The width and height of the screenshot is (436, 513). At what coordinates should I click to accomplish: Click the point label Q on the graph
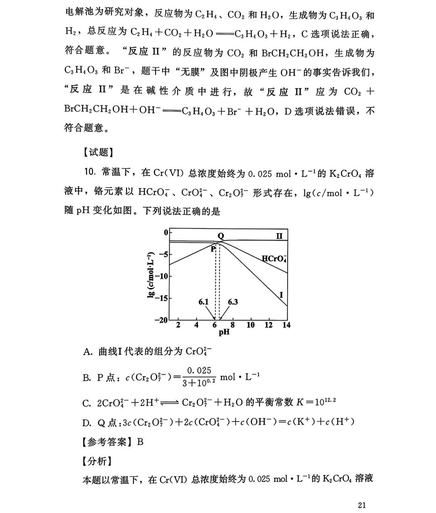[x=221, y=236]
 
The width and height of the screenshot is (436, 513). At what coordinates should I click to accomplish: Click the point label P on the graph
[x=213, y=249]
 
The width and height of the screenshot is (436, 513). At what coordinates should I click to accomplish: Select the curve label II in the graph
[x=279, y=236]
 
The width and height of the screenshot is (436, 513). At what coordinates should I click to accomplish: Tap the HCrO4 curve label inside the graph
[x=274, y=259]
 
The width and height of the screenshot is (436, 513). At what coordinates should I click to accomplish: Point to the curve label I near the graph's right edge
[x=281, y=295]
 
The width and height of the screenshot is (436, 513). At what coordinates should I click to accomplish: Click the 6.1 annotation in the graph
[x=204, y=302]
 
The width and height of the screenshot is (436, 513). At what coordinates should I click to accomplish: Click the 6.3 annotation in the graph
[x=233, y=302]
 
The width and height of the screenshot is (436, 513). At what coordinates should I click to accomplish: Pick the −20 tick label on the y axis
[x=161, y=320]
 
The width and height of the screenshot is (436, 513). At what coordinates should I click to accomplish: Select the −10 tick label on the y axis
[x=161, y=276]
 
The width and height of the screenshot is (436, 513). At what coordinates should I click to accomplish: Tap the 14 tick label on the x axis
[x=286, y=325]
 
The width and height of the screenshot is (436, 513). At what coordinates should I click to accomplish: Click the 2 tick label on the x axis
[x=178, y=325]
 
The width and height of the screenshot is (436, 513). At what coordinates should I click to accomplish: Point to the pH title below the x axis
[x=224, y=332]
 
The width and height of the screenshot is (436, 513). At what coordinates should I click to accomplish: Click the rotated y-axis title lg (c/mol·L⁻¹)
[x=151, y=275]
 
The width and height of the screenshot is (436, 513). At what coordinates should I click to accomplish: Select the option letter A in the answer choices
[x=87, y=352]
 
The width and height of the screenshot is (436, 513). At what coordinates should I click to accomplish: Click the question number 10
[x=90, y=173]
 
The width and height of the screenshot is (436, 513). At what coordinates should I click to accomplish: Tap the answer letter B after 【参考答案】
[x=140, y=441]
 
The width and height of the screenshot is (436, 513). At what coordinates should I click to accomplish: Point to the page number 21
[x=362, y=505]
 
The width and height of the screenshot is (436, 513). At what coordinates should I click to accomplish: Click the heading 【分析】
[x=97, y=461]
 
